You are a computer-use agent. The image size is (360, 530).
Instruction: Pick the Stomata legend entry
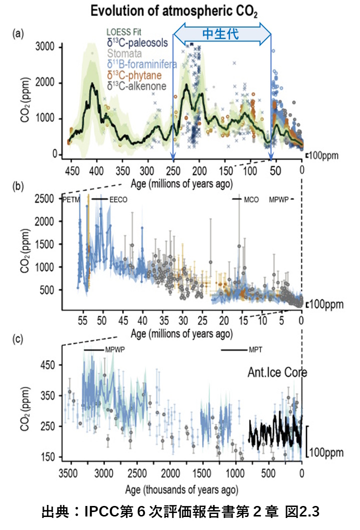pos(124,54)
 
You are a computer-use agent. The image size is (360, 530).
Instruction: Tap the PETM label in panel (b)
pos(72,200)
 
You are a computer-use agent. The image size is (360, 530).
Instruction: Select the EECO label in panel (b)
pos(118,200)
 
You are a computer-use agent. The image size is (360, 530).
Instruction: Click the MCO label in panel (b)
pos(251,200)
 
